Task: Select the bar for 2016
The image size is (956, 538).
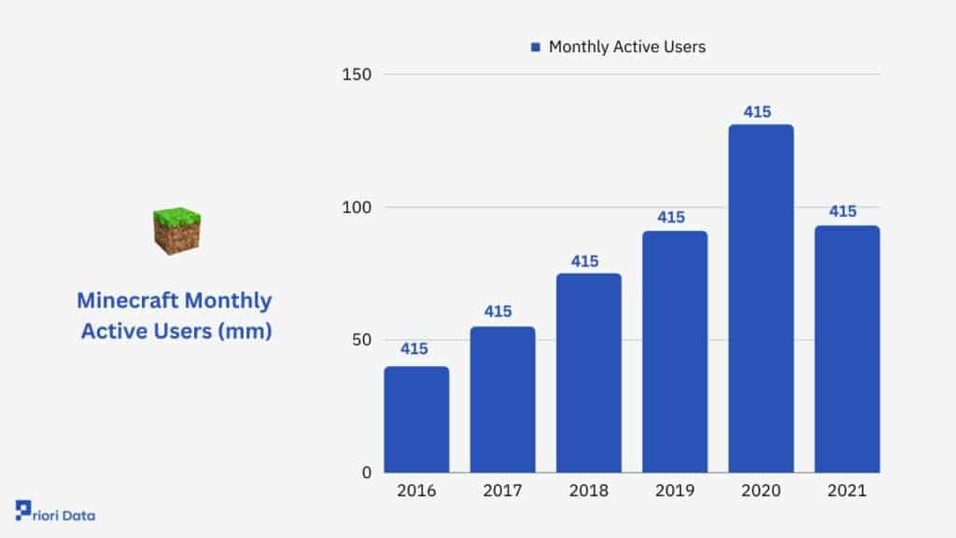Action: (x=416, y=419)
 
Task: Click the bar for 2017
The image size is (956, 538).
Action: (x=502, y=400)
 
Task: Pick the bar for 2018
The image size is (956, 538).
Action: (x=589, y=374)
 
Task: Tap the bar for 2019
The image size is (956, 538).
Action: (x=675, y=352)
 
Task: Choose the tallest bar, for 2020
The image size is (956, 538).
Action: (x=761, y=299)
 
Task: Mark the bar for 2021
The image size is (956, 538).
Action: (x=848, y=349)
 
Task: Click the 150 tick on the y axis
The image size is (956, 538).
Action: (x=357, y=75)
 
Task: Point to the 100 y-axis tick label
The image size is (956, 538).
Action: (x=357, y=207)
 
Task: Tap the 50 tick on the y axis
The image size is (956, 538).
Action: (x=361, y=340)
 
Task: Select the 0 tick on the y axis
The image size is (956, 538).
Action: (x=366, y=472)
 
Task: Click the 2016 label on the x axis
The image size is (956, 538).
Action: (x=416, y=490)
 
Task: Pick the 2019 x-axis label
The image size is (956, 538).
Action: (x=675, y=490)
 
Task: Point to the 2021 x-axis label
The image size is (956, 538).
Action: (x=847, y=490)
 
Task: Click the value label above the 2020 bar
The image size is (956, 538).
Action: (x=757, y=112)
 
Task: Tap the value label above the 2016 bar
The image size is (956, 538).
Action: (x=414, y=349)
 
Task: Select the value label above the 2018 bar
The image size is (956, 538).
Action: (x=584, y=262)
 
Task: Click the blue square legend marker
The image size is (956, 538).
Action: (x=535, y=47)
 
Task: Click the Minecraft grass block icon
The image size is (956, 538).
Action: (x=176, y=231)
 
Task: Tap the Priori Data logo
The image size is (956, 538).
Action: (x=55, y=511)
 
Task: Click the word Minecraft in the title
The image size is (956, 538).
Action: (x=127, y=301)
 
